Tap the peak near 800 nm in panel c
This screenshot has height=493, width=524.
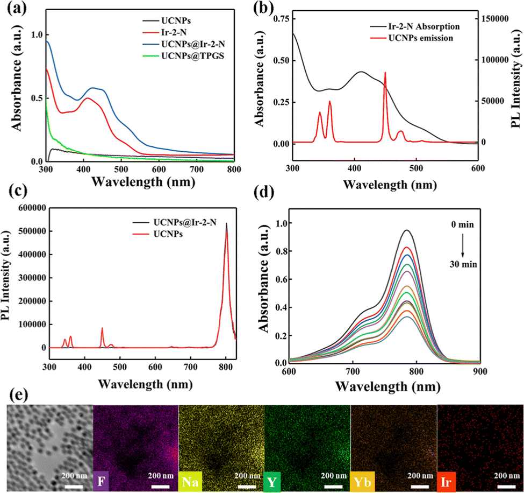click(226, 224)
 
